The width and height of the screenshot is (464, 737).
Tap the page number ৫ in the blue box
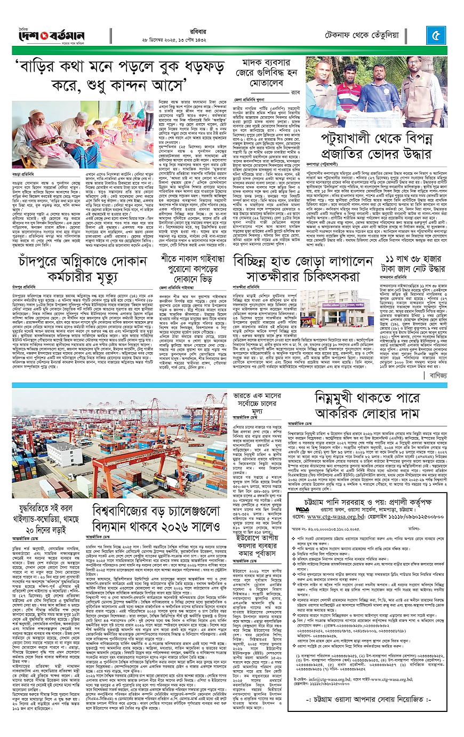click(x=436, y=36)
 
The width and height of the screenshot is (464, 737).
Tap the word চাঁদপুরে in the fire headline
click(x=41, y=261)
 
